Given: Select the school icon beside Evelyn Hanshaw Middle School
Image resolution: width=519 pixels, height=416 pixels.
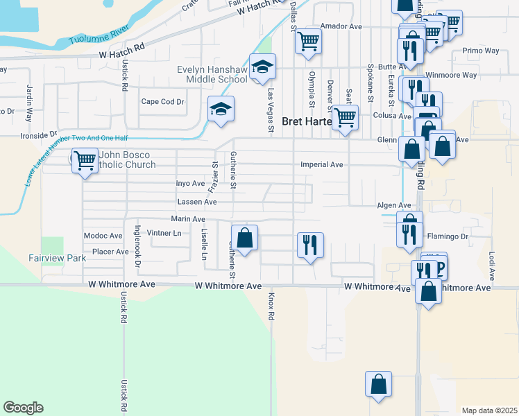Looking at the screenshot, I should [x=263, y=67].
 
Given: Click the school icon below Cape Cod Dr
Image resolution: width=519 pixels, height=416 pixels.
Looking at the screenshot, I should [x=221, y=109].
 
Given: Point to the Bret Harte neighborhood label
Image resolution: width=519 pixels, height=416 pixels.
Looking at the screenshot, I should [x=305, y=119].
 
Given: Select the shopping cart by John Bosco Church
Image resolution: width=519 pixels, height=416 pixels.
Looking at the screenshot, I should [x=85, y=161].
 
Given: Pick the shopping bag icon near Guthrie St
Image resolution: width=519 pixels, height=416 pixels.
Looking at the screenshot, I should [x=244, y=238].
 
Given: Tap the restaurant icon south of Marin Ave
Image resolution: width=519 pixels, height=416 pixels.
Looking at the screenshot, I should [x=309, y=244].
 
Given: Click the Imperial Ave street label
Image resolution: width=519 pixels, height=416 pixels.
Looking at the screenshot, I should [x=322, y=165].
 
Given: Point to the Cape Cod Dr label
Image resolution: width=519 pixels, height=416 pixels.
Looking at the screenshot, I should [x=162, y=101].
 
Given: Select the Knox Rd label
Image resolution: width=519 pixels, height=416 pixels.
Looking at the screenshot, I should [x=271, y=305].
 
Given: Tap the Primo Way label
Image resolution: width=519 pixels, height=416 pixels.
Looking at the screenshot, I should [x=480, y=51].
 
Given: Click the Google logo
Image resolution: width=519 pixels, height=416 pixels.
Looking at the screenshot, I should [x=23, y=408].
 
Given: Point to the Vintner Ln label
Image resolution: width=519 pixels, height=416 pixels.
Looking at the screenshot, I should [x=164, y=234].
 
